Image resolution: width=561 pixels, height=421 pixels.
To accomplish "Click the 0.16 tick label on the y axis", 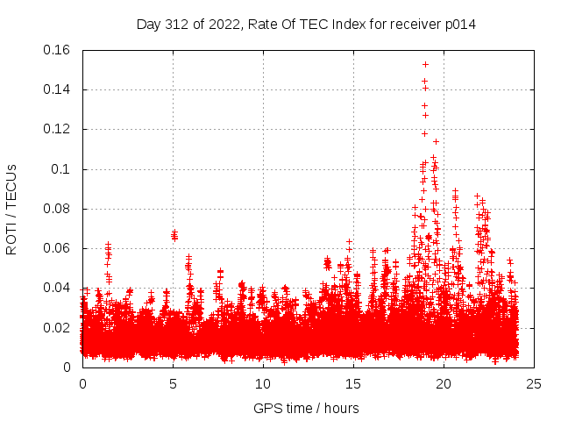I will [59, 50].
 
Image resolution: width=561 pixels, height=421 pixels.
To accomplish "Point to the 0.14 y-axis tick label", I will [59, 89].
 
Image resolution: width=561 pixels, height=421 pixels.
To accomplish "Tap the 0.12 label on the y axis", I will [59, 129].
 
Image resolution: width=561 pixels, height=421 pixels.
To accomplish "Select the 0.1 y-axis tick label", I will [64, 169].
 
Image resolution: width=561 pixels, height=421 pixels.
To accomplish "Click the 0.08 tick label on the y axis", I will [59, 209].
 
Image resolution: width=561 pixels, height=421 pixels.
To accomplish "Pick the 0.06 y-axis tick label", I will [59, 248].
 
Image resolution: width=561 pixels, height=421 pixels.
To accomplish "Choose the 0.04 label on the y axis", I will [59, 288].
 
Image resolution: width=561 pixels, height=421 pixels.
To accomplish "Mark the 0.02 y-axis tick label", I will [59, 328].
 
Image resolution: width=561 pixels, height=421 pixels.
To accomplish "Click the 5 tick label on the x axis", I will [174, 383].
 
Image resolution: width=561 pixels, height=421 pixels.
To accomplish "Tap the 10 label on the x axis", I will [264, 383].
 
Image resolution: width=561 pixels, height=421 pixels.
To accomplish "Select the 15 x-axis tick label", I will [354, 383].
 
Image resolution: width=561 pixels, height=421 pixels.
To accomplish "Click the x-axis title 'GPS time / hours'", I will [306, 408].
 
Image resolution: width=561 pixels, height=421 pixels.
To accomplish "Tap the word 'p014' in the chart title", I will [459, 24].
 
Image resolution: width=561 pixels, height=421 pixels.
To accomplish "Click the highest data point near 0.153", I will [425, 64].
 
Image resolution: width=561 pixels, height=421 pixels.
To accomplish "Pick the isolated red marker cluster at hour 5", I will [174, 235].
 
